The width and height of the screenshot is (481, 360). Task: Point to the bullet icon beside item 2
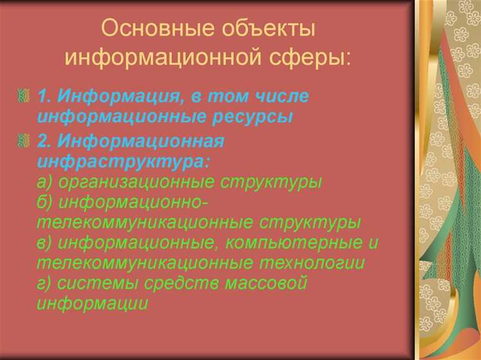(x=25, y=141)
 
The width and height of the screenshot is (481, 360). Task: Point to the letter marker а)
(x=46, y=182)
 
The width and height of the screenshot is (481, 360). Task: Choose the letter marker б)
(x=46, y=202)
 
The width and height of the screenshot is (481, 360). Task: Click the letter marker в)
(x=46, y=243)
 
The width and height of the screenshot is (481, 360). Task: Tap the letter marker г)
(x=45, y=283)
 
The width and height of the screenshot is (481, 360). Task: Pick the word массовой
(x=267, y=283)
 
